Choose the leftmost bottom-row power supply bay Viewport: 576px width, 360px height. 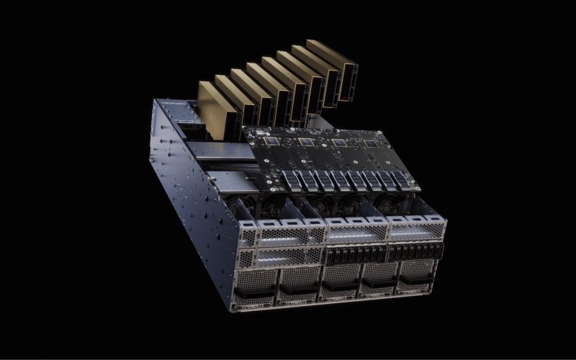coord(256,285)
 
